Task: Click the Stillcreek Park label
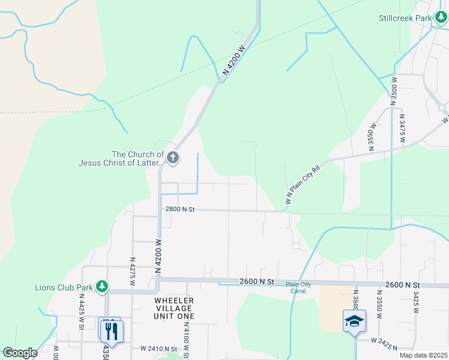(x=405, y=18)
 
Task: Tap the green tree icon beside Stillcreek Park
(x=441, y=18)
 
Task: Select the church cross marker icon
(x=173, y=158)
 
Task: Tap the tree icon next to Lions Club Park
(x=103, y=287)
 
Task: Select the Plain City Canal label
(x=298, y=287)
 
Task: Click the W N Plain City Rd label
(x=304, y=185)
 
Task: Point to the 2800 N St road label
(x=181, y=209)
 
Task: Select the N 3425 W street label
(x=415, y=305)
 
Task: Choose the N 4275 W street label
(x=133, y=271)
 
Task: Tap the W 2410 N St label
(x=159, y=349)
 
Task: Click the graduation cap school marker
(x=354, y=321)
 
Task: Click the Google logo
(x=20, y=353)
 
